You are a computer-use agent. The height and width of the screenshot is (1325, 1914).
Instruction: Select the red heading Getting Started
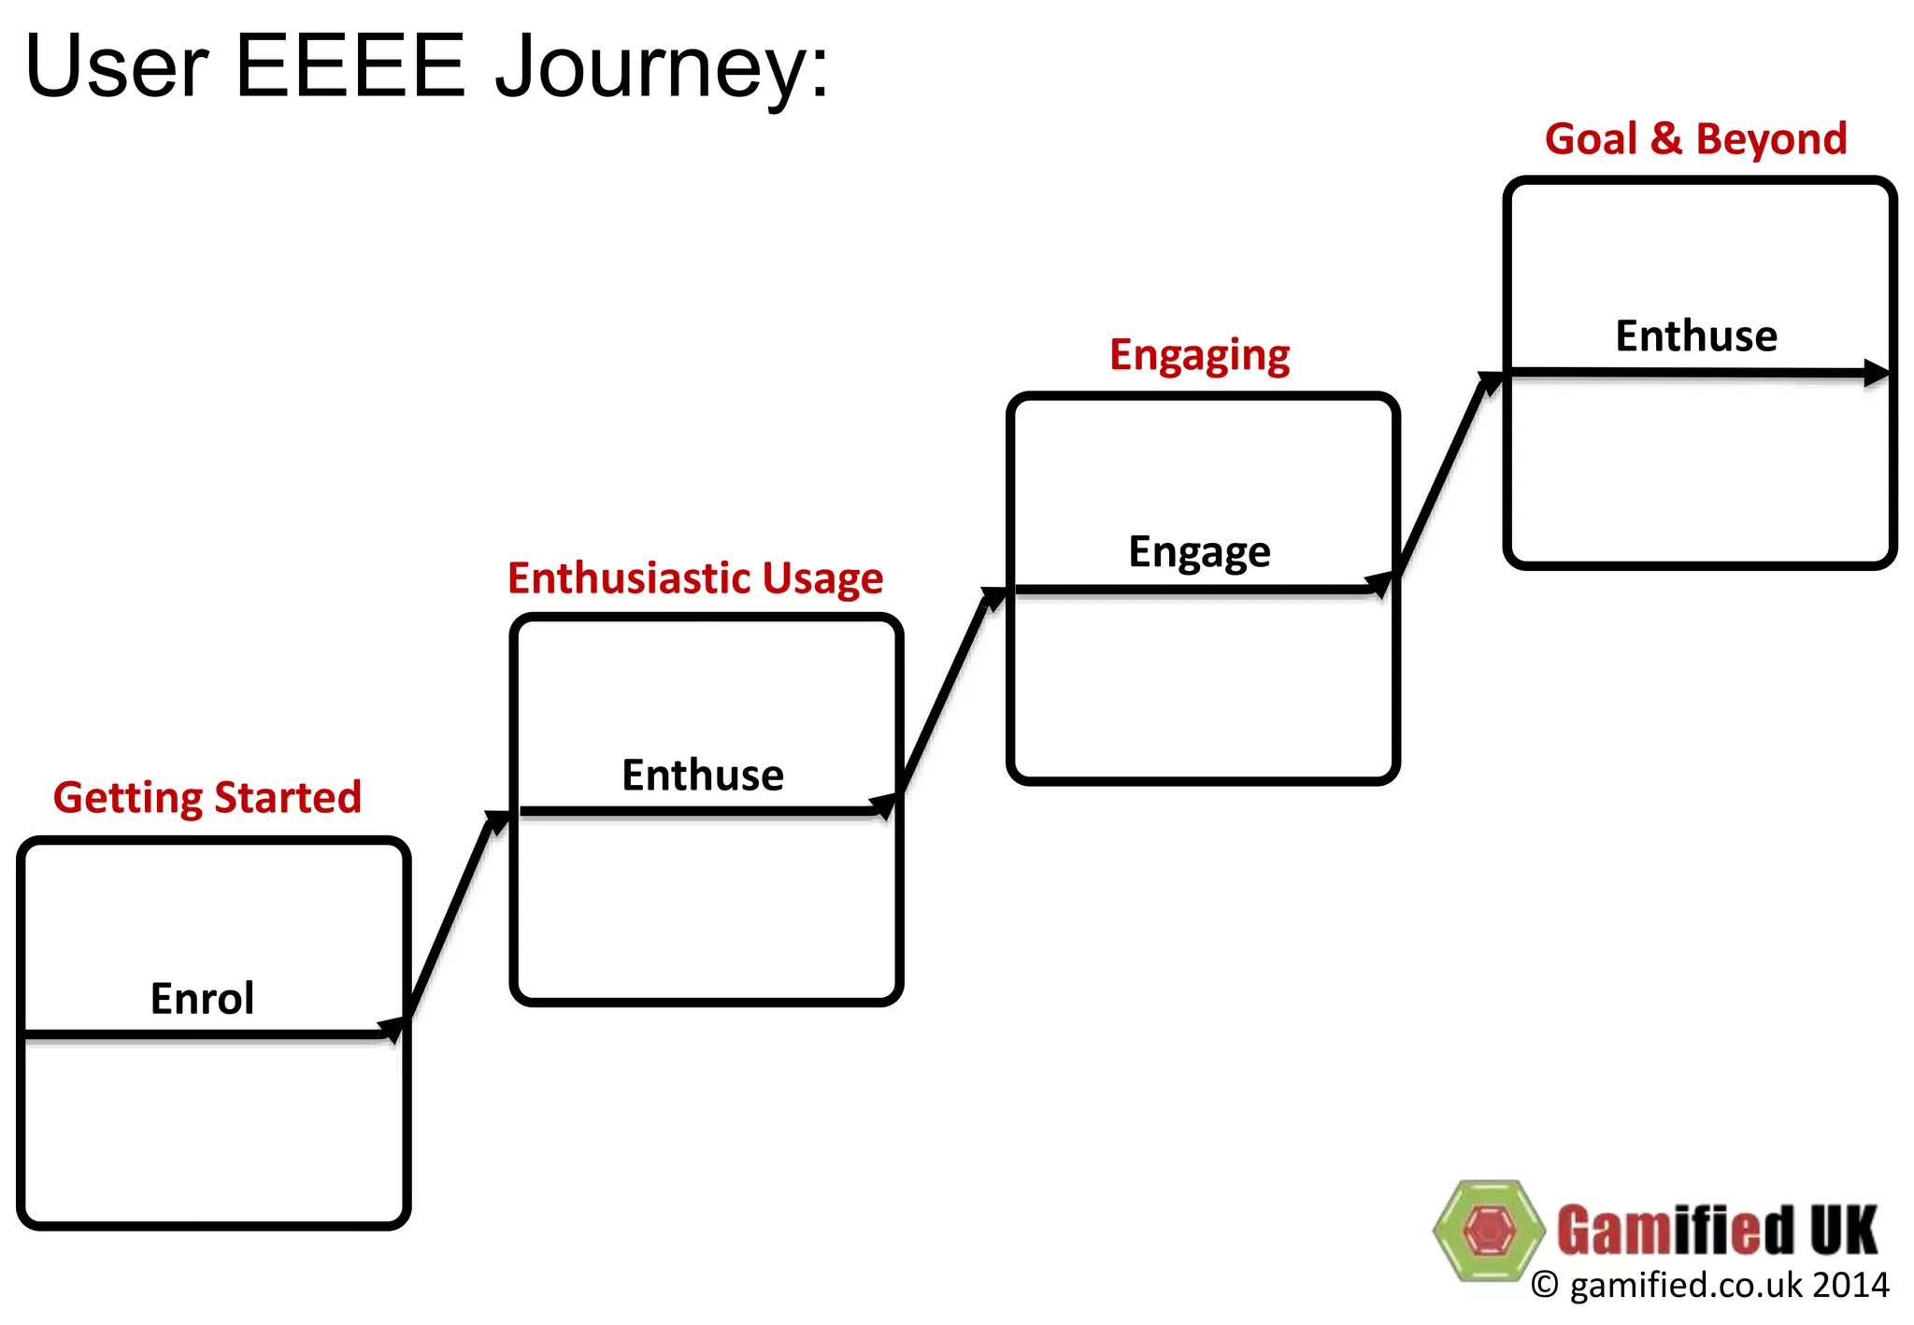(207, 797)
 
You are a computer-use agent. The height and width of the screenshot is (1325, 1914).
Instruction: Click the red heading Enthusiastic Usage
(694, 577)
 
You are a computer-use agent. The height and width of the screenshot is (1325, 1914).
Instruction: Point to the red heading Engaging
(1199, 355)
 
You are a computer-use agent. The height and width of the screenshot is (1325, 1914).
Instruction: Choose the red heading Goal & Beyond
(1695, 138)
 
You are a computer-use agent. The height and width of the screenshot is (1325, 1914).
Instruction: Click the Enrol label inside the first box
(202, 998)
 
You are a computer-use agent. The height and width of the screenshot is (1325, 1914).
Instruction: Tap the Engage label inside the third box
(1199, 551)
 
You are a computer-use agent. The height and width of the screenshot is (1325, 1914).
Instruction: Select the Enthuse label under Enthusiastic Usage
(703, 775)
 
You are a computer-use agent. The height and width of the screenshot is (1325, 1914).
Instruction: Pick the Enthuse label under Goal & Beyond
(1695, 335)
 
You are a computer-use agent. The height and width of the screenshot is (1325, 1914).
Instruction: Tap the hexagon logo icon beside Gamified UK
(1488, 1230)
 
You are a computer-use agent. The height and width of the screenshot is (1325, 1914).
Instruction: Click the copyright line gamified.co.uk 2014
(1710, 1285)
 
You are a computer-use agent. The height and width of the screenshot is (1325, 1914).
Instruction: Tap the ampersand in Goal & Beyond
(1665, 138)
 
